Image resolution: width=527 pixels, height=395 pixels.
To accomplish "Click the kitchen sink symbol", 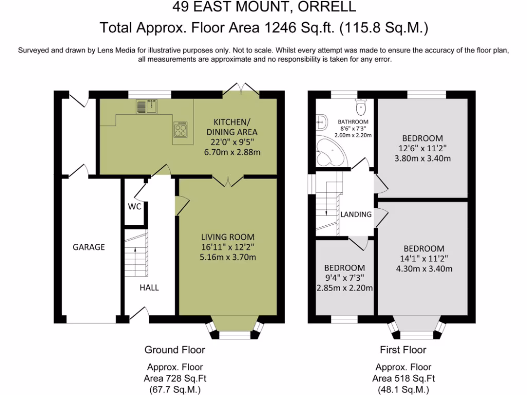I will point(147,107).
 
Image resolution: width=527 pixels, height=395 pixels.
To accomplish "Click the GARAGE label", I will point(89,247).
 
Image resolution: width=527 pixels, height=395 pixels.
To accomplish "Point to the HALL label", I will point(149,288).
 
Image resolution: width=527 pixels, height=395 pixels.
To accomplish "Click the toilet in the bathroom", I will point(361,107).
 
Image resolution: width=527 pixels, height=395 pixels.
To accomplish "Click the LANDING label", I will point(356,214).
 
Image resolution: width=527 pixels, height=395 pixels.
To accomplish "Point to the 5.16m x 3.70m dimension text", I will point(228,257).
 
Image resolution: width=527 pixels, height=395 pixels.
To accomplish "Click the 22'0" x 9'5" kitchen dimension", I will point(232,141).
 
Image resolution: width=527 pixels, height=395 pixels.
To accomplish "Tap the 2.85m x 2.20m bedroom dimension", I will point(345,288).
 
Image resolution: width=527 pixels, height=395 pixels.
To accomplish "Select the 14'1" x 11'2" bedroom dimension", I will point(424,258).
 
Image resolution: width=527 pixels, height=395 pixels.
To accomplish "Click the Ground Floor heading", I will point(174,350).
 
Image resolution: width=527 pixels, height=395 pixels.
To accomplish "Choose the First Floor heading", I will point(403,350).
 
